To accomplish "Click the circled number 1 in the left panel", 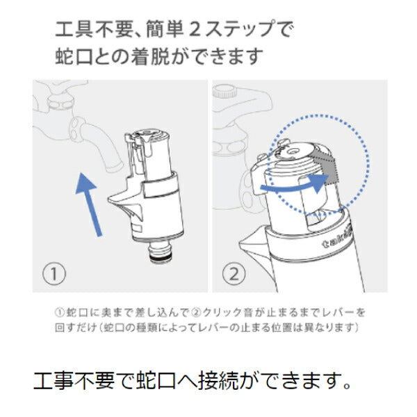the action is (x=54, y=273).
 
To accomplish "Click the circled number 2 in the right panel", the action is (x=234, y=273).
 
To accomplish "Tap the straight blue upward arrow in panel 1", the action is (x=88, y=204).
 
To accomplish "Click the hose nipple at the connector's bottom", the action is (x=160, y=252).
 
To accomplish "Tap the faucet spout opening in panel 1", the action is (x=115, y=168).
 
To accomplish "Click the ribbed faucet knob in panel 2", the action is (x=224, y=91).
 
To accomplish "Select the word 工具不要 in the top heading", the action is (x=93, y=29).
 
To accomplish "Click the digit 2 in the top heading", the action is (x=195, y=29).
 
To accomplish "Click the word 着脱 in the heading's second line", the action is (x=151, y=56).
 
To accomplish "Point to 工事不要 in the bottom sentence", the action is (x=74, y=381).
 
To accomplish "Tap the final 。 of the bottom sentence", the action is (x=347, y=386).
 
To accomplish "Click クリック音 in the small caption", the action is (x=225, y=313).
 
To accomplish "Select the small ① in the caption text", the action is (x=60, y=313).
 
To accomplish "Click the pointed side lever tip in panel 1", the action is (x=110, y=199).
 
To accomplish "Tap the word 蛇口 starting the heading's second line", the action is (x=74, y=56).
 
